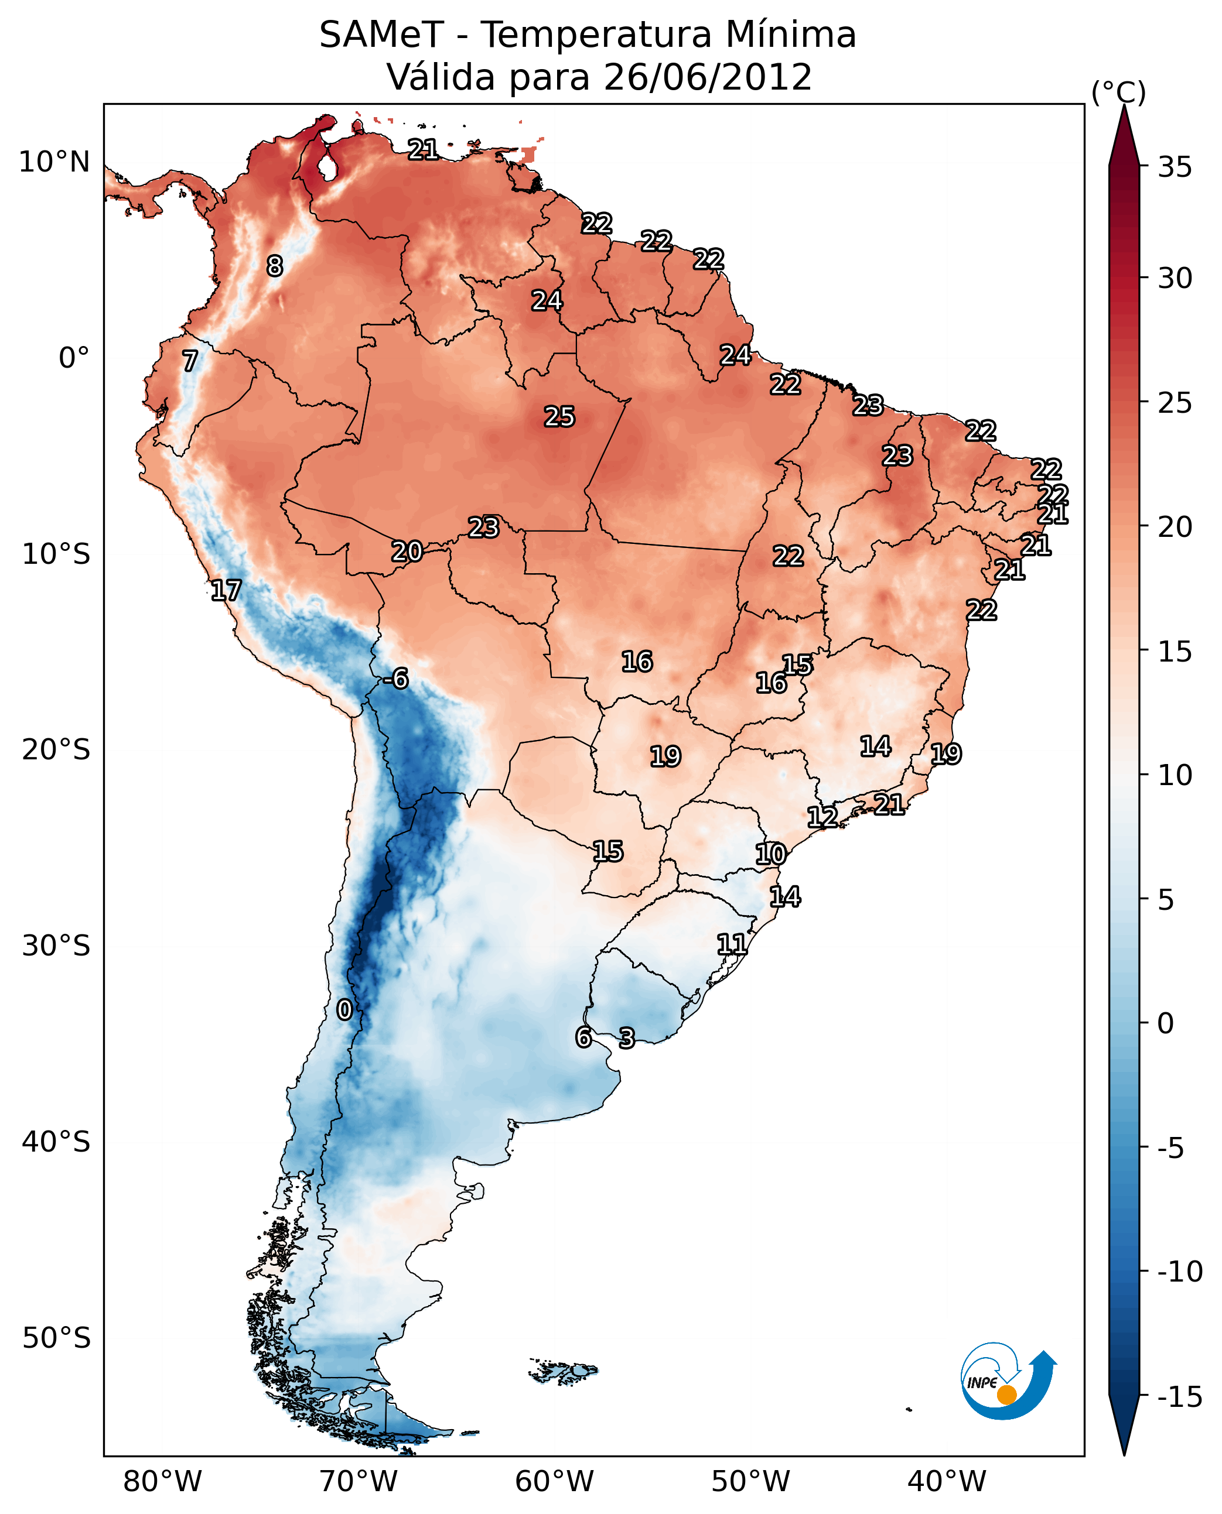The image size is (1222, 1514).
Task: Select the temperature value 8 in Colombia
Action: coord(275,266)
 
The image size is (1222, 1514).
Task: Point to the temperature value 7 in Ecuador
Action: coord(190,361)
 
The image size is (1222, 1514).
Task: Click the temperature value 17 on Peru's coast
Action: coord(226,590)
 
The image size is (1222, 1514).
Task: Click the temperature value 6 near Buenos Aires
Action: coord(583,1037)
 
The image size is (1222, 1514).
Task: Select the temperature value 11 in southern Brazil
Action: coord(732,944)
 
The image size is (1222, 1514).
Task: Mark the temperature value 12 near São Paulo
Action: coord(822,817)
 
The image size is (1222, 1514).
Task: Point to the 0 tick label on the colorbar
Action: coord(1166,1023)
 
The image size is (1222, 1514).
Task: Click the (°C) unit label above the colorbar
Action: coord(1118,92)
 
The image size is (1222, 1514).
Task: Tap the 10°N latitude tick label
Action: coord(54,163)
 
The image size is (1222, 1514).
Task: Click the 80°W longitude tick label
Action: coord(163,1482)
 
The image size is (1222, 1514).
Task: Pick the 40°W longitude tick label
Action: coord(947,1482)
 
